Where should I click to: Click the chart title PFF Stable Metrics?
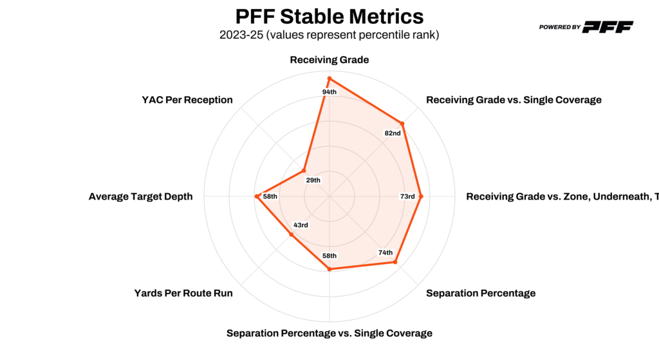pos(329,16)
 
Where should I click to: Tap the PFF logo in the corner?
pos(608,26)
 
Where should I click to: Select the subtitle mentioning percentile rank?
pos(329,35)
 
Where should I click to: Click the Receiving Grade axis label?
pos(329,60)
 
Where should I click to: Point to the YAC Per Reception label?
pos(187,100)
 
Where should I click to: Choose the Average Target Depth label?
pos(140,196)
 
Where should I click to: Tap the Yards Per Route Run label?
pos(183,293)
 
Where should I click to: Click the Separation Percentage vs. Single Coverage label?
pos(329,333)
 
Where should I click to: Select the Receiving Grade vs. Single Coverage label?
pos(514,100)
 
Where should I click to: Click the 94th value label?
pos(329,92)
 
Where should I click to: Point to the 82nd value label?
pos(393,133)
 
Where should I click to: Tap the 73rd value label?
pos(407,196)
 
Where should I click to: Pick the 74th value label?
pos(385,253)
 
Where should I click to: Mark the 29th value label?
pos(313,180)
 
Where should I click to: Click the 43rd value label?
pos(301,225)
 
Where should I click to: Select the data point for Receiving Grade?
pos(329,79)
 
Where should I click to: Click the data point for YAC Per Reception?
pos(304,171)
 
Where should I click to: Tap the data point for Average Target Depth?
pos(256,196)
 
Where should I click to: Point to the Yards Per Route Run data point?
pos(291,234)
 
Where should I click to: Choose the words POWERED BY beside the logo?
pos(560,27)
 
